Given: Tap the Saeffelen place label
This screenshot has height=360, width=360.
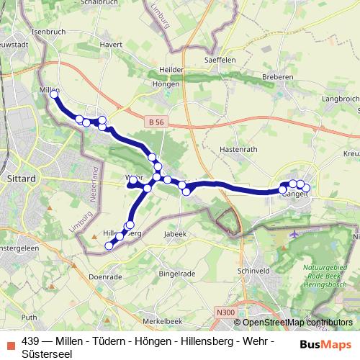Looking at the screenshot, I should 221,60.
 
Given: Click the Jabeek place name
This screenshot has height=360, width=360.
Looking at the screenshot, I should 176,234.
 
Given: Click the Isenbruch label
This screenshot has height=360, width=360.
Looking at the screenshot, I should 49,32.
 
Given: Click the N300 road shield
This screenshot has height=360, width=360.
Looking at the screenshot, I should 225,311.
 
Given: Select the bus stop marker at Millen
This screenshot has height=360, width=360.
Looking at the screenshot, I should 53,94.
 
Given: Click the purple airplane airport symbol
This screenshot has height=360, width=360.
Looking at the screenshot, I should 295,233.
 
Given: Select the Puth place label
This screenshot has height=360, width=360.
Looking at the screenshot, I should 29,317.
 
